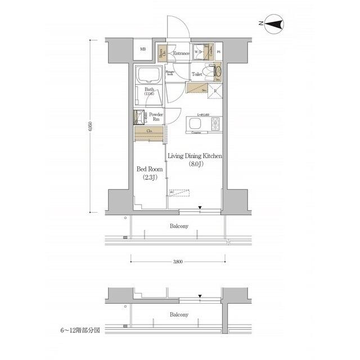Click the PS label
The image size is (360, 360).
click(x=218, y=53)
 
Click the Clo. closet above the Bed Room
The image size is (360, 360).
click(x=149, y=133)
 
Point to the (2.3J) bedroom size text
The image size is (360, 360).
click(x=150, y=178)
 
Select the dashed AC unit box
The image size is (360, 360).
click(x=181, y=193)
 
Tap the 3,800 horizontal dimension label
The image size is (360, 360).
click(x=177, y=262)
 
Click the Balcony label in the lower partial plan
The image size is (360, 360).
click(x=179, y=314)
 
